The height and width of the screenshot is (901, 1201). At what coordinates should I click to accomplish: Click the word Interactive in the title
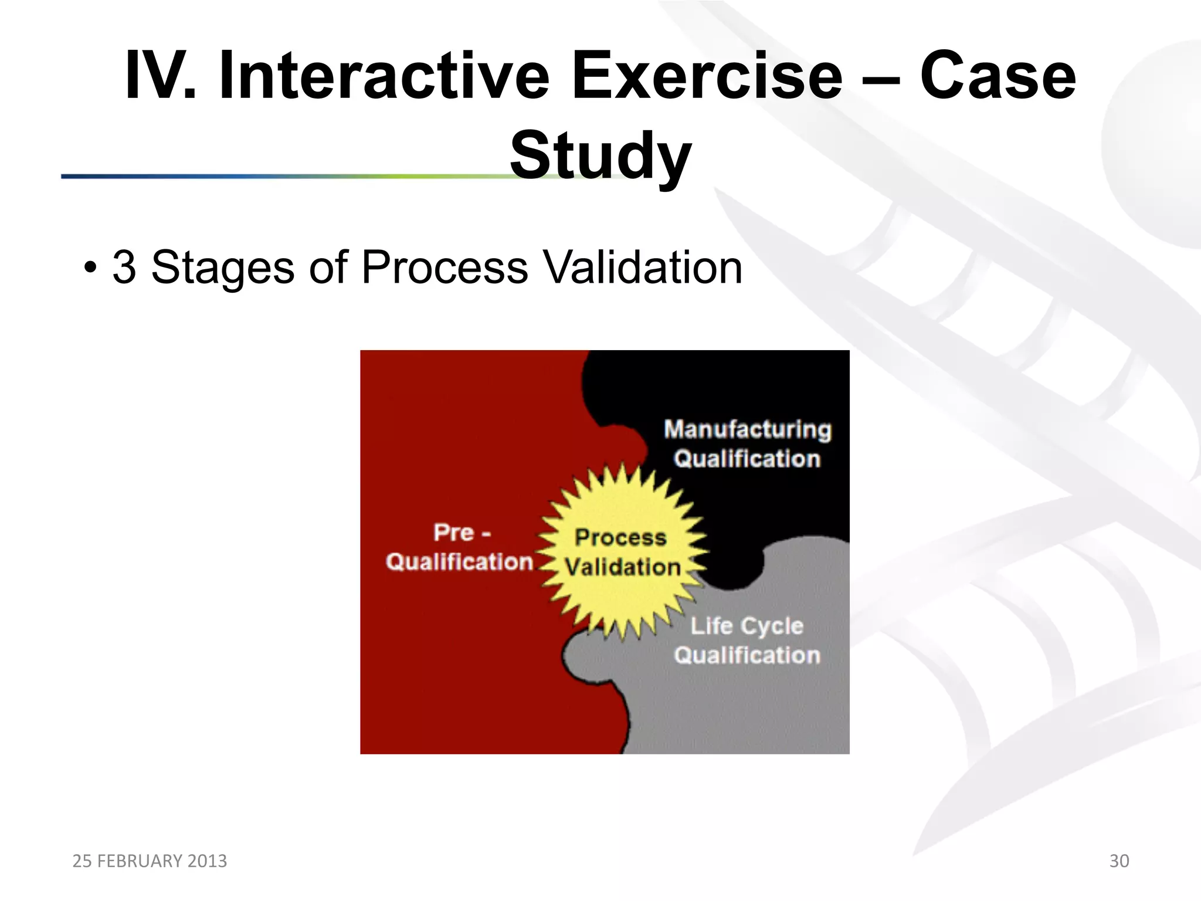384,76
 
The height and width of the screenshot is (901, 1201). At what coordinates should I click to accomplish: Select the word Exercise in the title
707,76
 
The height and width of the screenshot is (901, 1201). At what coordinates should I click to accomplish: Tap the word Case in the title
998,76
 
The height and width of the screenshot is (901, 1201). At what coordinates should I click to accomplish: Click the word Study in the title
600,155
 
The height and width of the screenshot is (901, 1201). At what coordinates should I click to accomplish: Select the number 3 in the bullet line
124,267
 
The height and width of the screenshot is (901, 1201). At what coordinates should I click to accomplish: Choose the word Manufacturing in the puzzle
748,429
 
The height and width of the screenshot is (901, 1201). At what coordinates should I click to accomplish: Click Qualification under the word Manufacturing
747,459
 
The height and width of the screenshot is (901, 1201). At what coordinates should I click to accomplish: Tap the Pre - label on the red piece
462,533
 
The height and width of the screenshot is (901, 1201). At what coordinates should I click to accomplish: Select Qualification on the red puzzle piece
459,562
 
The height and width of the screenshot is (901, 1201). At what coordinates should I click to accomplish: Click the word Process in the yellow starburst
620,537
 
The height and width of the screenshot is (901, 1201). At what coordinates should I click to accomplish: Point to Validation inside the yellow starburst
622,567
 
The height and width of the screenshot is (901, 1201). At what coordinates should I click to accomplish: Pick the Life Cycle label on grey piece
747,626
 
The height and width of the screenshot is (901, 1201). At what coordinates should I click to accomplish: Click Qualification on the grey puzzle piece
747,655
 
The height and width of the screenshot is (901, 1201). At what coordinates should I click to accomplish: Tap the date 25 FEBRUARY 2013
150,861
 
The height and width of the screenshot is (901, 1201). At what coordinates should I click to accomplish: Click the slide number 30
1119,861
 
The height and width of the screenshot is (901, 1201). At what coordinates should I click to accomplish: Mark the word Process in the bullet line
445,267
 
